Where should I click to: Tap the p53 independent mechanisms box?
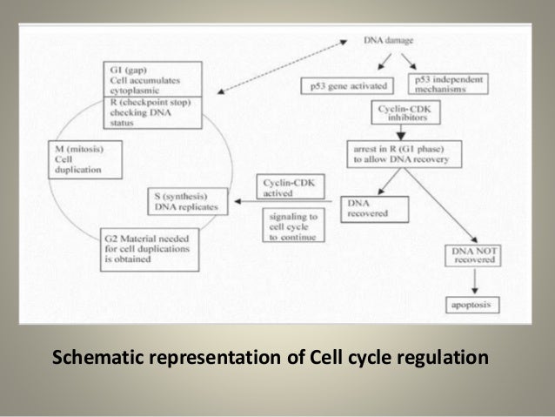pyautogui.click(x=449, y=84)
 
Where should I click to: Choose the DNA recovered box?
pyautogui.click(x=373, y=206)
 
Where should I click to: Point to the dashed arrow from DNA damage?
pyautogui.click(x=287, y=67)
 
